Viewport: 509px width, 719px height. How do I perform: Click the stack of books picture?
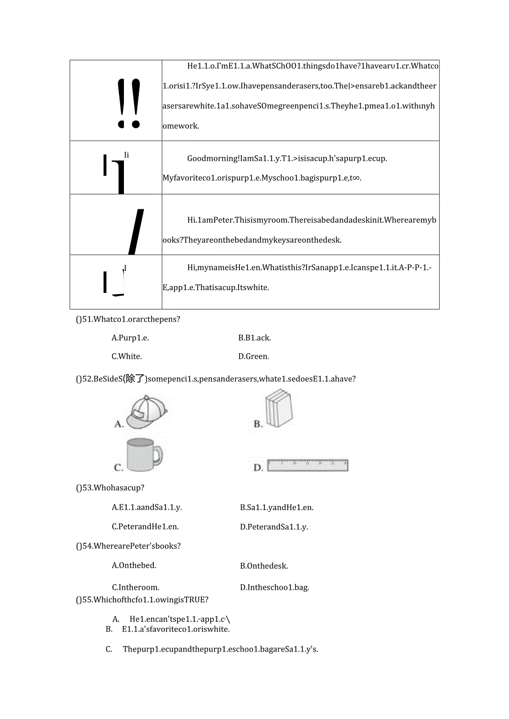278,409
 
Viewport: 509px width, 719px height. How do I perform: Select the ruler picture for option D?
308,465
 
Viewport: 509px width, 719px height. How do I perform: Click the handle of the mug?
158,455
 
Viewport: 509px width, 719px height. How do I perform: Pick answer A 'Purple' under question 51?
130,338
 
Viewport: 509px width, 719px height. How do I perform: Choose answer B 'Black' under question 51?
254,338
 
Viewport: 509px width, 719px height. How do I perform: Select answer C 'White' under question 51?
127,356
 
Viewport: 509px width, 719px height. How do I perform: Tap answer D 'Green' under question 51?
254,356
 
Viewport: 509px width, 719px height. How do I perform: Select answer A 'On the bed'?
134,565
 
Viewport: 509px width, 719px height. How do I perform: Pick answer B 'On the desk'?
264,566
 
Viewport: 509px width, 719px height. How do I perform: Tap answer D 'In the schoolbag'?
274,587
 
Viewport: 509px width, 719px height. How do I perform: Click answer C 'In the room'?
135,587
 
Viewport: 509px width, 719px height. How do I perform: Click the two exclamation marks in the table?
129,103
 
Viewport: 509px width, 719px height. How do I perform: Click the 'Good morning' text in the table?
212,159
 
